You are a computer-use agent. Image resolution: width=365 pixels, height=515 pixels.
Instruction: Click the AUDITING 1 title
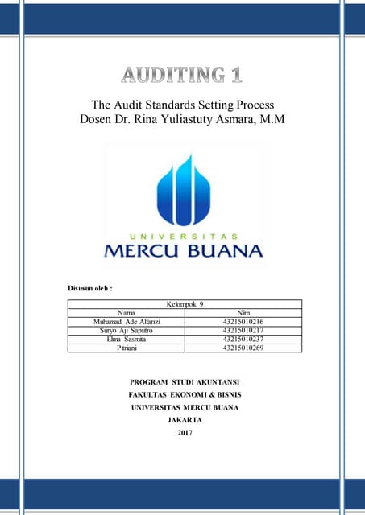coord(182,76)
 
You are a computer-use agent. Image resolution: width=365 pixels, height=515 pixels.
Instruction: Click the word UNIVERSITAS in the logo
coord(184,237)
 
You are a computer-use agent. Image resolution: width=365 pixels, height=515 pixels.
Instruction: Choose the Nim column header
coord(243,312)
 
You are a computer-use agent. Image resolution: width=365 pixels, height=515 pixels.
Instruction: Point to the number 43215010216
coord(243,321)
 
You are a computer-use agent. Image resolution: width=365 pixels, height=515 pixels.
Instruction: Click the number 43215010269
coord(243,348)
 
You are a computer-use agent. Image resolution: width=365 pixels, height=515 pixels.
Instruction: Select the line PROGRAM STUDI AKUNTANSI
coord(185,381)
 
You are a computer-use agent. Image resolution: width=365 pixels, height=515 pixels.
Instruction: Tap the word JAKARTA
coord(185,420)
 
